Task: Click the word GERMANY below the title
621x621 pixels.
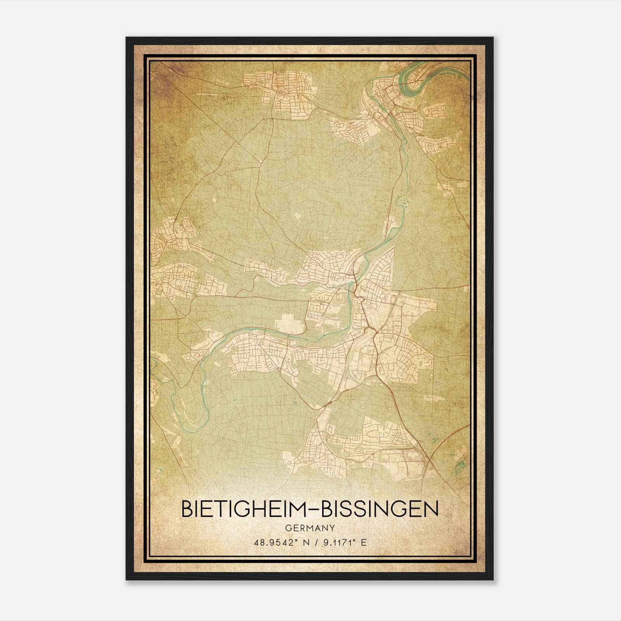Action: click(310, 528)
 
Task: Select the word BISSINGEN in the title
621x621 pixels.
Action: click(380, 510)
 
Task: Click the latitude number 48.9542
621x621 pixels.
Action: click(271, 543)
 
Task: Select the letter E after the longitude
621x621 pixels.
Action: click(364, 543)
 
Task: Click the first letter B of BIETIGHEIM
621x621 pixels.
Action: click(187, 510)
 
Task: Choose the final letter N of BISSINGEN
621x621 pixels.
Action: click(432, 510)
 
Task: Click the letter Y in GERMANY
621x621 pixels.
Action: click(332, 528)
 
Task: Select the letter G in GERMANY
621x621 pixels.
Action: click(288, 528)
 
